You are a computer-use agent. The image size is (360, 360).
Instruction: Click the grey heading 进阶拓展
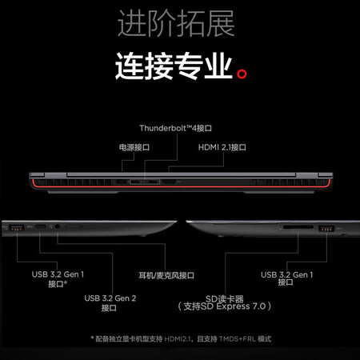point(176,23)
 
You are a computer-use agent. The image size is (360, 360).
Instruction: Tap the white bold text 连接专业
point(174,66)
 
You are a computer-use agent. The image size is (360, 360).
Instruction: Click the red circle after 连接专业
point(242,74)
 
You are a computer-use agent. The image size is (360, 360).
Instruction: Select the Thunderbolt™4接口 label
point(176,128)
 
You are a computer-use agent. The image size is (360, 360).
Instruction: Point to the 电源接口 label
point(134,147)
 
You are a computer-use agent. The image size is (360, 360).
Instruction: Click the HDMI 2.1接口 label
point(222,147)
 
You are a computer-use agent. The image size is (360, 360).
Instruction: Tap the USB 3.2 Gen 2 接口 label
point(110,303)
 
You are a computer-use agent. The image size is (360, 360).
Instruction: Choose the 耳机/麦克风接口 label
point(166,275)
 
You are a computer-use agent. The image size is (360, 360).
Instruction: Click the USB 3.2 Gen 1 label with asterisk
point(58,279)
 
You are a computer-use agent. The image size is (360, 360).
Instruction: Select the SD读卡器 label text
point(224,298)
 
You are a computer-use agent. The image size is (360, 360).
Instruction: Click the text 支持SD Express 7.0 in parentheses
point(225,306)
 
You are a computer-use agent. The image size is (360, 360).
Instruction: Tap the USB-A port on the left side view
point(17,228)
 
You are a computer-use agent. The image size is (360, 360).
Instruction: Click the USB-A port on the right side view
point(326,229)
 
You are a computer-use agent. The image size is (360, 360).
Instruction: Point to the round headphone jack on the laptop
point(57,227)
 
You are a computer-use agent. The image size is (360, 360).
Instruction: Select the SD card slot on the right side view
point(298,227)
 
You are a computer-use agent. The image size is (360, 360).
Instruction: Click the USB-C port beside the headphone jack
point(40,227)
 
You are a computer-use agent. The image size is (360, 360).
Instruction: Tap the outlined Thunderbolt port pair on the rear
point(145,182)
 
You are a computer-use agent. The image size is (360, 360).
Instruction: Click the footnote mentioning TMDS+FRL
point(181,339)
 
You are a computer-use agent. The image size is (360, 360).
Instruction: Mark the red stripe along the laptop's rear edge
point(182,186)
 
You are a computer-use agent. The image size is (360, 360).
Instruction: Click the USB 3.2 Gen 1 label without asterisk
point(286,279)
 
